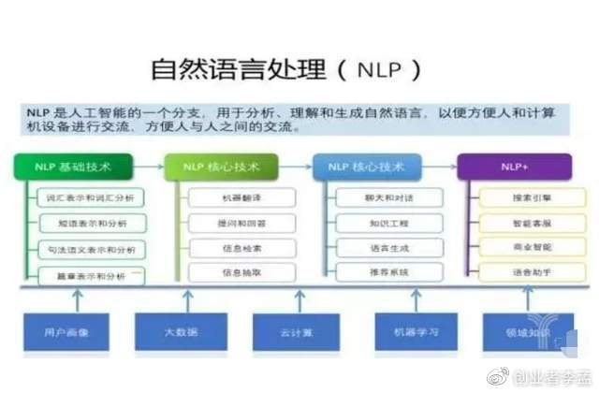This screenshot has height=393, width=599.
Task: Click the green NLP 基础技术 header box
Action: click(x=72, y=167)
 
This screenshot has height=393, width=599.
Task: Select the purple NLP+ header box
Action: click(x=513, y=167)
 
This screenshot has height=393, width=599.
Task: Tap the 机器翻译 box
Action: click(x=242, y=198)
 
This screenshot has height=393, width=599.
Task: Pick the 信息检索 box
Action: click(x=242, y=249)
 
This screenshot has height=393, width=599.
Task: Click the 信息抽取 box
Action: click(x=242, y=273)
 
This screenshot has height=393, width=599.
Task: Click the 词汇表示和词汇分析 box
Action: click(x=90, y=198)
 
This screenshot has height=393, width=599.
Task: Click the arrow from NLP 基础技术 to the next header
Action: click(x=148, y=168)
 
